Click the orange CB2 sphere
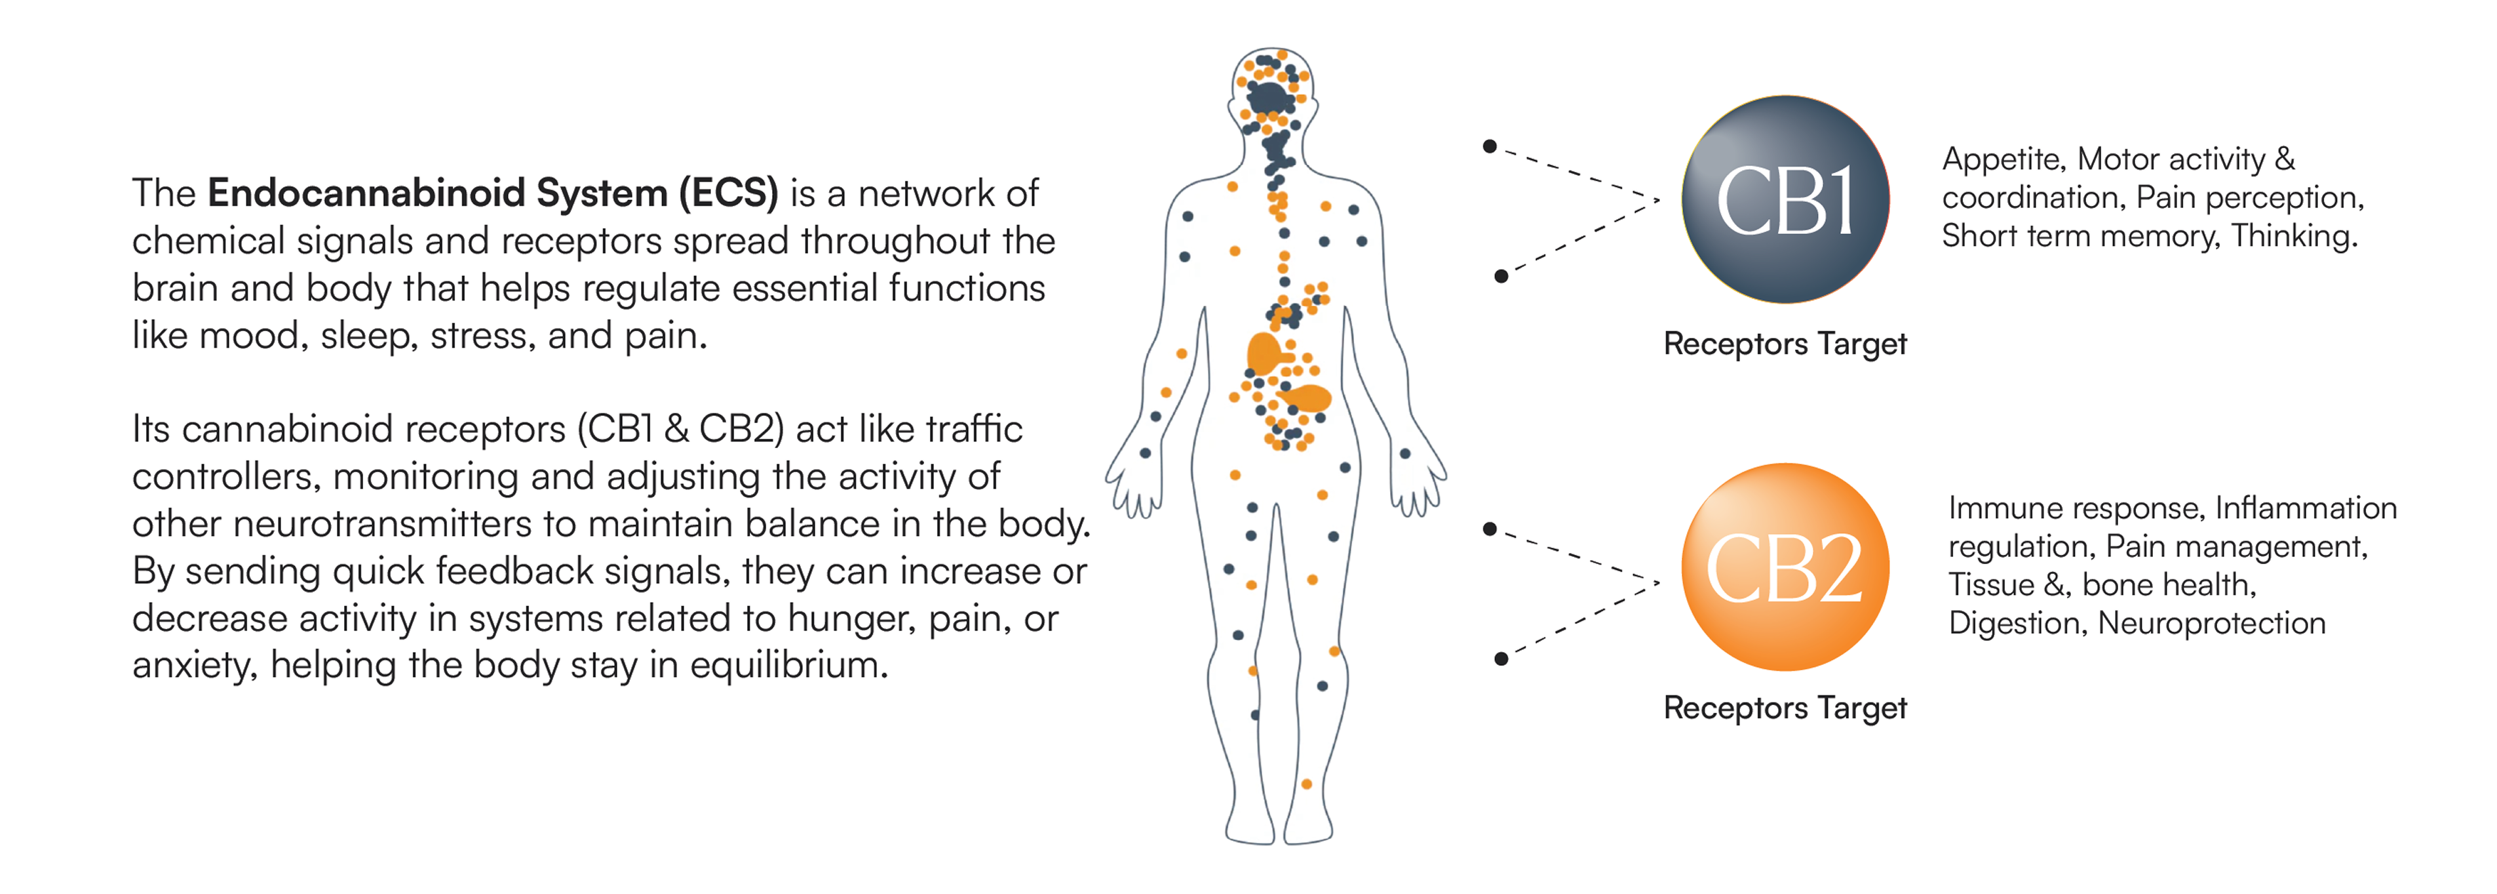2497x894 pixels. [x=1785, y=567]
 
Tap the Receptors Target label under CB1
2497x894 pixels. [x=1785, y=344]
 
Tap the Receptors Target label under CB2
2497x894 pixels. [x=1785, y=708]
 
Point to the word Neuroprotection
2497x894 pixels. [x=2211, y=622]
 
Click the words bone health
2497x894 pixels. [x=2169, y=584]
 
